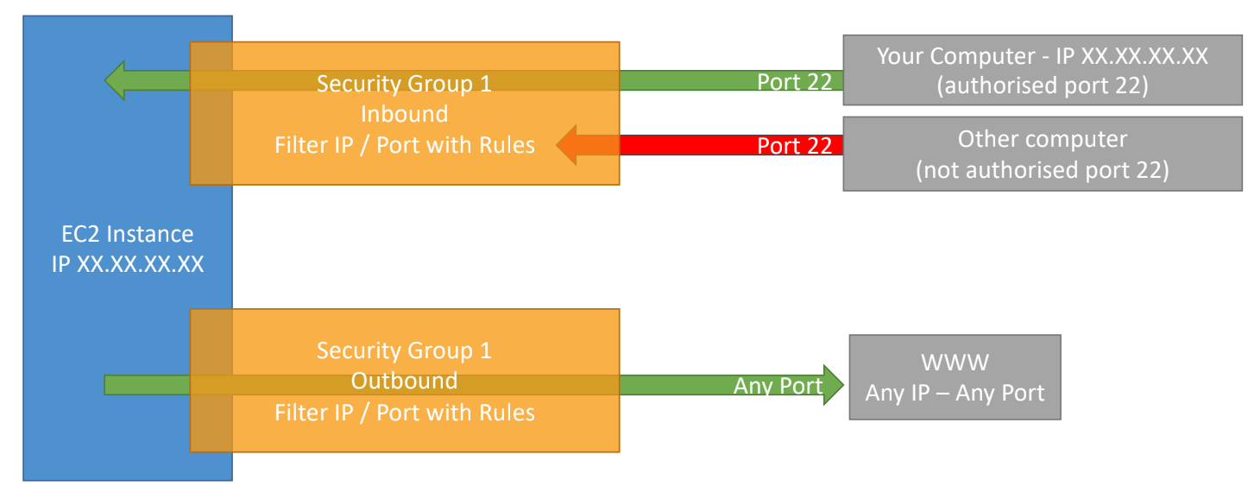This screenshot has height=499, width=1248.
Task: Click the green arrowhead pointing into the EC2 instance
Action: pos(117,80)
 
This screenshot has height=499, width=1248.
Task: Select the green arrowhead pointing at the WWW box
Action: pos(832,385)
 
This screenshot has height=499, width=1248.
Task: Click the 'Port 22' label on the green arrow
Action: pos(794,81)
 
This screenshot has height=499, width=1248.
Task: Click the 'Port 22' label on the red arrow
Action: pos(794,146)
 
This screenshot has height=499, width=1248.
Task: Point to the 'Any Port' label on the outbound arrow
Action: pos(778,385)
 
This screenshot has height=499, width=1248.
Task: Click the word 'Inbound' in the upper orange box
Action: pos(404,114)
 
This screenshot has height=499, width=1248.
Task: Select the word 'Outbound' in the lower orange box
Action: pos(404,381)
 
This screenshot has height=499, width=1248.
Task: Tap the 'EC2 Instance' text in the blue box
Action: pos(127,233)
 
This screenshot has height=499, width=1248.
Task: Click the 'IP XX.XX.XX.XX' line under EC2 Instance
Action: pos(127,263)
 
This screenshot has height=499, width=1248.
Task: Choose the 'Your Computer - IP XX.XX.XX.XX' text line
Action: pos(1042,57)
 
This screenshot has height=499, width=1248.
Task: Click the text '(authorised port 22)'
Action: pos(1042,86)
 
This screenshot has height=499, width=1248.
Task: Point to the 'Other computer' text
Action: pos(1042,139)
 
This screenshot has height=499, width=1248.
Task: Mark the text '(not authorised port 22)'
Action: pos(1042,169)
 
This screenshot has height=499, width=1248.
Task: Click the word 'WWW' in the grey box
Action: pos(955,363)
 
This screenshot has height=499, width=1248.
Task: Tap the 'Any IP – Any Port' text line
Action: pos(955,393)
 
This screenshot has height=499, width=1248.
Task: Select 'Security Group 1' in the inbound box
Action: pos(404,84)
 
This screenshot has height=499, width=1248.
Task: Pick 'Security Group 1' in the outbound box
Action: pos(404,351)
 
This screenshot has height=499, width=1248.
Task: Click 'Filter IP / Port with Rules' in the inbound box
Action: pos(404,145)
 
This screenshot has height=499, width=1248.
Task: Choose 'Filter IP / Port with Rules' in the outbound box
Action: pos(404,412)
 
